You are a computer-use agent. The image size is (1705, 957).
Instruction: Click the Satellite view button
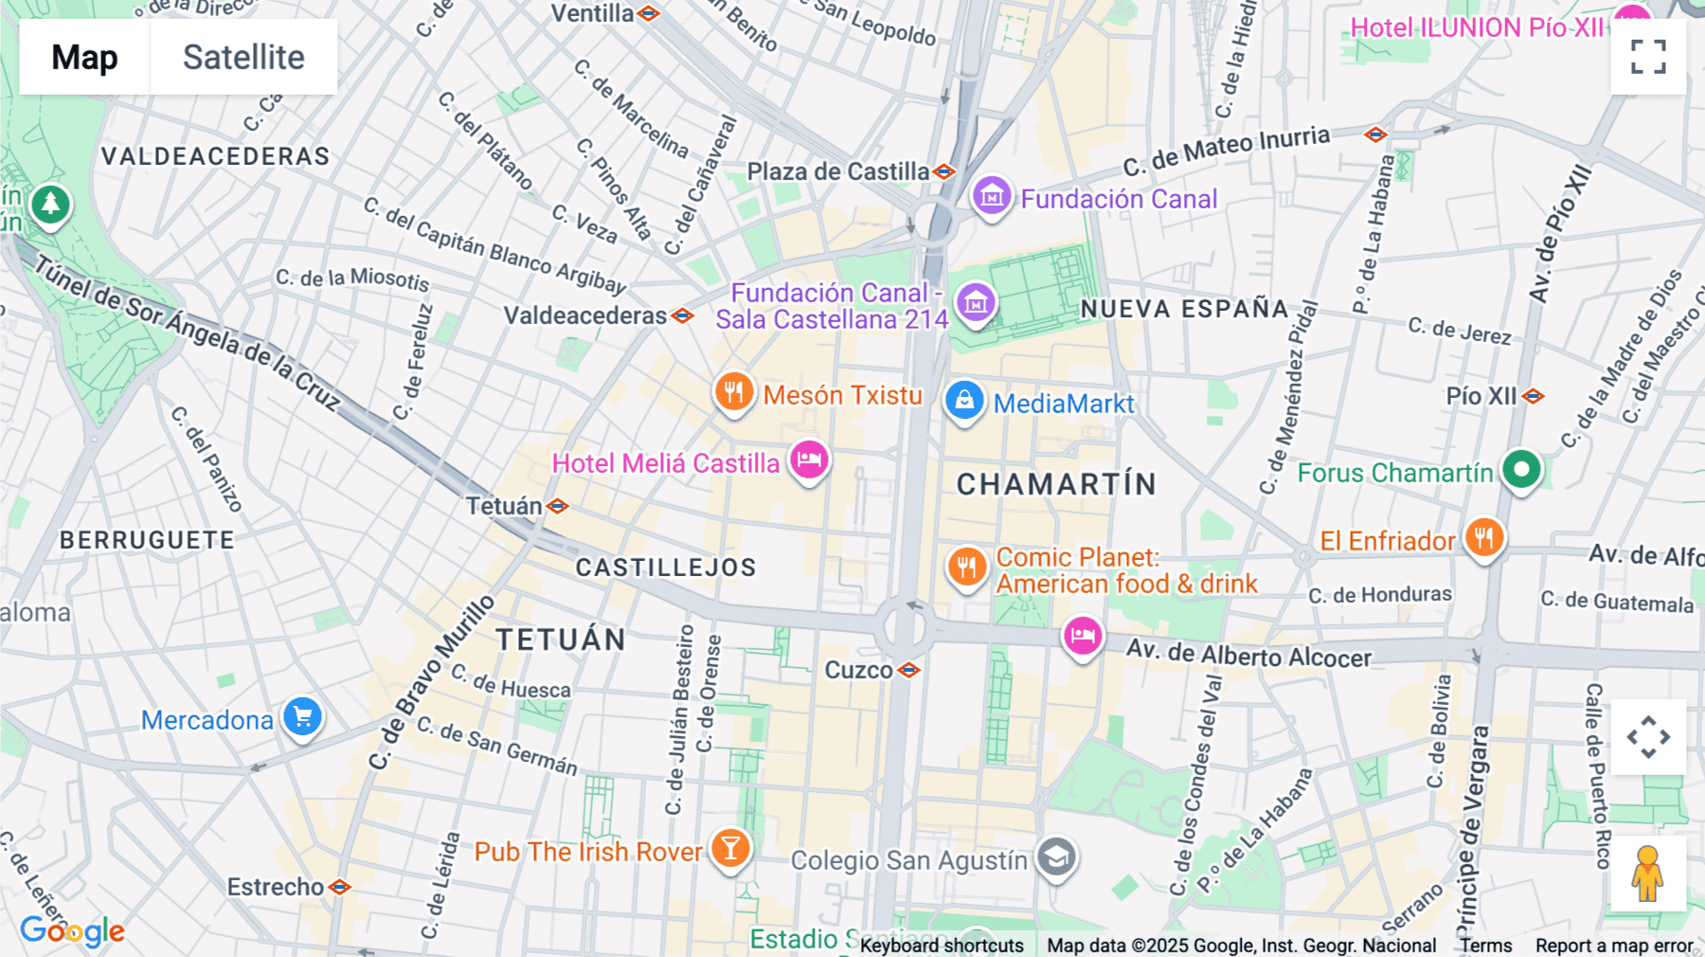pos(243,57)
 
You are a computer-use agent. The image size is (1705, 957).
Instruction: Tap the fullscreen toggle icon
pos(1648,57)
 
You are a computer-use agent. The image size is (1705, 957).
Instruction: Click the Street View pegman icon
pos(1647,873)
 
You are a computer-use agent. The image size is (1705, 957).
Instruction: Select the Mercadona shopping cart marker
pos(303,717)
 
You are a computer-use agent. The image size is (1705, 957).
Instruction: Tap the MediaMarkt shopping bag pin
pos(964,401)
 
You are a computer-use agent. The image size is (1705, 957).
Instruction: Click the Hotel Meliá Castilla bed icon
pos(809,460)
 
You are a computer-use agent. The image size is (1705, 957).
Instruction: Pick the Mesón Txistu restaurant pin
pos(734,392)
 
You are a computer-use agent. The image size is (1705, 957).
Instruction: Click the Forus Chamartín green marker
pos(1522,470)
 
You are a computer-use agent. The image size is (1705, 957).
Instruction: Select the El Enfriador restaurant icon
pos(1484,538)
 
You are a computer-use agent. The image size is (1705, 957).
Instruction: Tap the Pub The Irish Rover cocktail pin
pos(730,849)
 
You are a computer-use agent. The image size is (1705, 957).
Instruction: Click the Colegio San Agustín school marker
pos(1056,858)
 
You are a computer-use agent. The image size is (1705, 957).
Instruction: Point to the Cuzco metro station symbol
pos(909,671)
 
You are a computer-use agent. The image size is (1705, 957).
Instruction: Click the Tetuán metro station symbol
pos(558,507)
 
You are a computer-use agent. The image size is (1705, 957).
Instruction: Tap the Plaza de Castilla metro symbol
pos(943,172)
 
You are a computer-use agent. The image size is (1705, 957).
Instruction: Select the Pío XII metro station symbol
pos(1534,396)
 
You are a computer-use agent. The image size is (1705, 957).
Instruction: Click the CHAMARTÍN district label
pos(1056,484)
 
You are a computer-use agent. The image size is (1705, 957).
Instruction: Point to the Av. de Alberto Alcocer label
pos(1248,655)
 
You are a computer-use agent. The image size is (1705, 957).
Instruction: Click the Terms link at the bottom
pos(1485,946)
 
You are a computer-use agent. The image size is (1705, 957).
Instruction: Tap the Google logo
pos(72,931)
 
